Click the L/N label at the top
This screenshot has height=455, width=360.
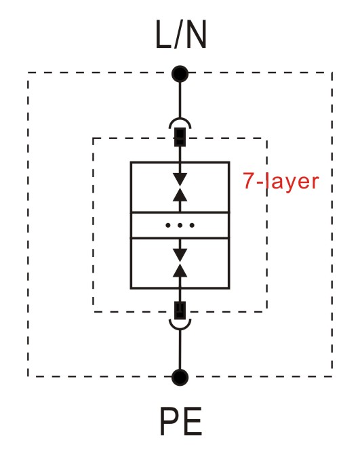click(x=181, y=35)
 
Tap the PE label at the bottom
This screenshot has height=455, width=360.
click(x=181, y=421)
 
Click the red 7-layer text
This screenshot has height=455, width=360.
click(x=281, y=182)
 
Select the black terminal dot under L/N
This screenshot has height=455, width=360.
click(x=180, y=75)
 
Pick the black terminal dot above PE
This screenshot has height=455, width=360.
click(x=180, y=377)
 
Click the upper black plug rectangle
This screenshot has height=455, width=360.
click(x=180, y=137)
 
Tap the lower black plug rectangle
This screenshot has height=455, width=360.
click(x=180, y=311)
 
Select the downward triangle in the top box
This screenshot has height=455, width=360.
click(x=180, y=179)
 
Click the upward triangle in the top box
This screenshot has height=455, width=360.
click(x=180, y=195)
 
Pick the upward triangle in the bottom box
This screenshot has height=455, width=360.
click(x=180, y=271)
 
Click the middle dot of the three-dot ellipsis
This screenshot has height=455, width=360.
click(x=180, y=225)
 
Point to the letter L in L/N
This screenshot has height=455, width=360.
click(x=164, y=35)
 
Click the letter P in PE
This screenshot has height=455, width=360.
click(x=169, y=421)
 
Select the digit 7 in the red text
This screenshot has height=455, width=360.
click(x=249, y=181)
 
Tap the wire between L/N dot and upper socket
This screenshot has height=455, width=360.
click(x=180, y=100)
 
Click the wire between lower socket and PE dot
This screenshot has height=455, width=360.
click(x=180, y=349)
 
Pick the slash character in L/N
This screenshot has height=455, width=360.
click(x=179, y=35)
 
